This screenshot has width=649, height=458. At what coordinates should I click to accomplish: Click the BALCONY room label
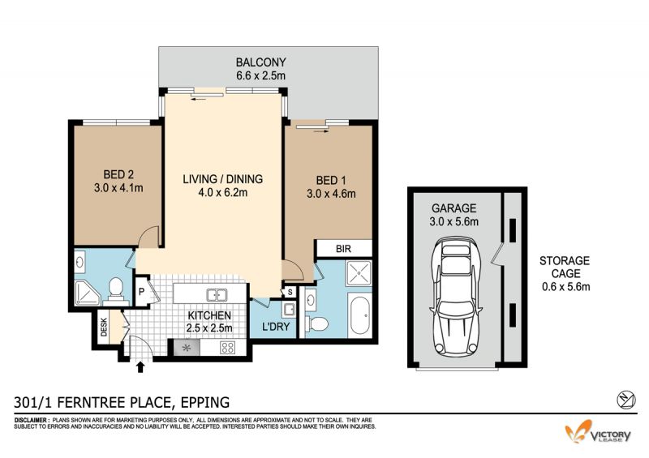click(260, 62)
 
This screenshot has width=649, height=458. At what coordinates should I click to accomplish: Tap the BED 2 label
click(118, 174)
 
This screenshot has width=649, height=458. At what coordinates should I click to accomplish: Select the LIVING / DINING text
click(222, 178)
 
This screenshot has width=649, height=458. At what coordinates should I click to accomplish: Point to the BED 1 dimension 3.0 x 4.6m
click(331, 194)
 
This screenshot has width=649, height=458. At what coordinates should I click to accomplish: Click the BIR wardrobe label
click(343, 249)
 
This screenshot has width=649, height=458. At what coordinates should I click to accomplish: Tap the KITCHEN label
click(209, 315)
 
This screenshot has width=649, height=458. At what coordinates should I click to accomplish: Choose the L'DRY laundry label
click(276, 327)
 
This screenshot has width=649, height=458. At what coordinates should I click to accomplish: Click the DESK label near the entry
click(104, 327)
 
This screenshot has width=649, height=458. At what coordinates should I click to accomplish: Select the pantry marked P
click(141, 292)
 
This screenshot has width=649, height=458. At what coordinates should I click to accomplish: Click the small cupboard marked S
click(290, 292)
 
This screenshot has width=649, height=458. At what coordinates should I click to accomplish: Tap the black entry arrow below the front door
click(140, 367)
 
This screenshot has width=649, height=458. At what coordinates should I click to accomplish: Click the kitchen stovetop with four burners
click(227, 348)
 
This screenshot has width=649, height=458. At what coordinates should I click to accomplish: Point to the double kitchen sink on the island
click(217, 295)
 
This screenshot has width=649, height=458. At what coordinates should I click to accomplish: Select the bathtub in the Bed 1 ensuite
click(359, 315)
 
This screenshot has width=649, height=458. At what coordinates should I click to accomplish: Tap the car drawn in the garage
click(456, 296)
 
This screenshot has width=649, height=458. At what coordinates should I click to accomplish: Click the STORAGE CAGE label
click(565, 267)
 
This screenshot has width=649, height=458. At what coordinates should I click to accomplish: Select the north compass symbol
click(626, 400)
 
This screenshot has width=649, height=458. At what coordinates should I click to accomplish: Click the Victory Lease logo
click(598, 432)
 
